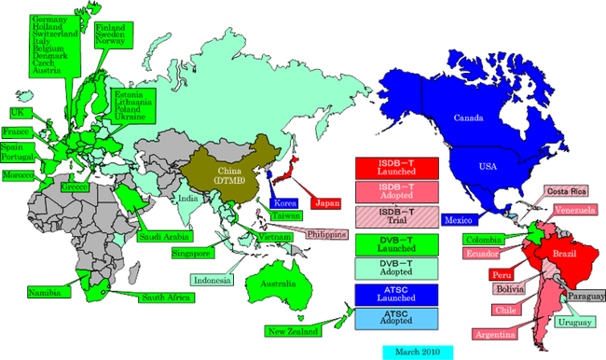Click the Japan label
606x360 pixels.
coord(326,202)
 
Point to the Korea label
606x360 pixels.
coord(283,202)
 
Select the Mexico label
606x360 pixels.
coord(458,220)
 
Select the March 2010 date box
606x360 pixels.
coord(417,353)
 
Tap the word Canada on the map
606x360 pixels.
coord(469,118)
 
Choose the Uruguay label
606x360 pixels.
coord(572,323)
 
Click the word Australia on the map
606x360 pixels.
coord(278,283)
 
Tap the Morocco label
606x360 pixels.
coord(19,175)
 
